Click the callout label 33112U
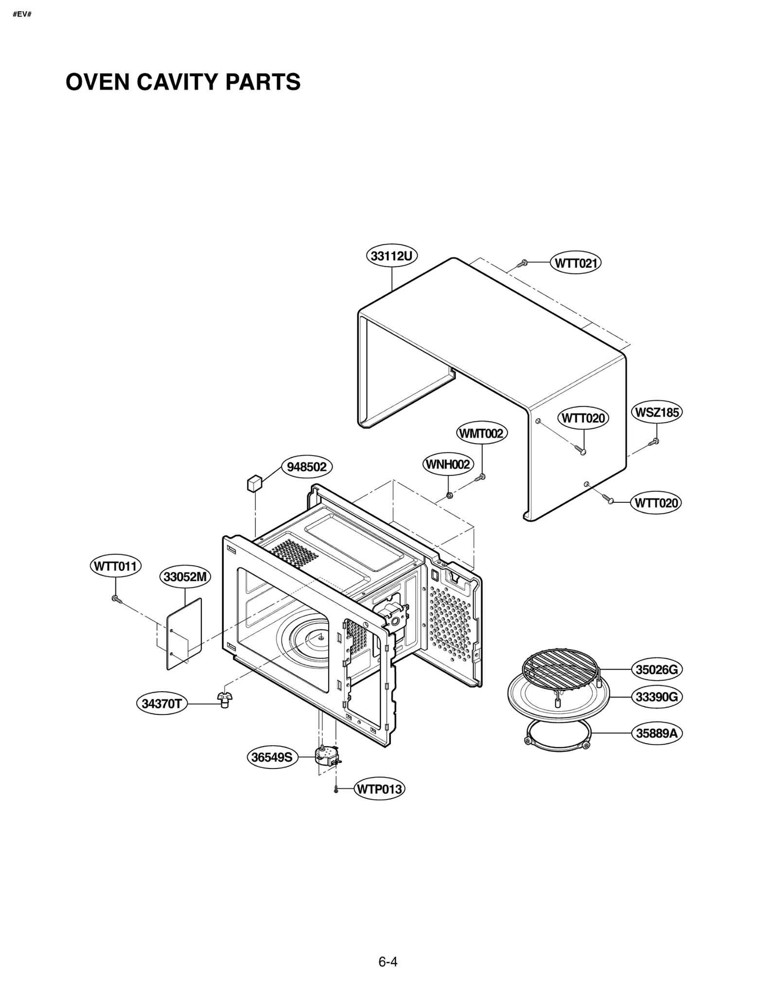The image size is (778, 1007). (x=391, y=256)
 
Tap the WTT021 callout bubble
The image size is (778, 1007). (x=576, y=263)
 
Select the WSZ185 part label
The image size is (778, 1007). (x=656, y=412)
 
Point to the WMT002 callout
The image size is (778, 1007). (x=481, y=433)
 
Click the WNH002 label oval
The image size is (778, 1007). (x=448, y=464)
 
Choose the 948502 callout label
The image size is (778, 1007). (x=307, y=467)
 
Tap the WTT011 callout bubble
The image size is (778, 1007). (x=116, y=566)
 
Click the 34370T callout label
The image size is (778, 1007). (x=161, y=704)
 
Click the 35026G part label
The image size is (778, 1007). (x=656, y=669)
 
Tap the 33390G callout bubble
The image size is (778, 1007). (x=656, y=697)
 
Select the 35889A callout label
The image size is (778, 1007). (x=656, y=733)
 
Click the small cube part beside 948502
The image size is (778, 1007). (x=254, y=484)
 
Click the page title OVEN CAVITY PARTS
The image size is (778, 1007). (x=183, y=82)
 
